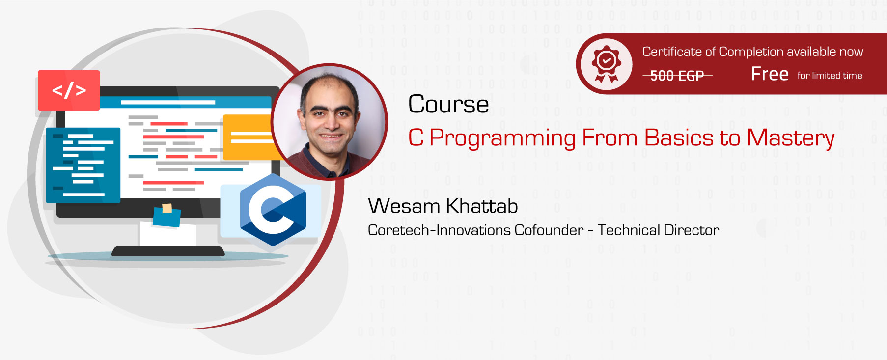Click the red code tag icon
tap(69, 90)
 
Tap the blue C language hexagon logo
tap(273, 210)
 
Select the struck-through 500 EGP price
tap(677, 76)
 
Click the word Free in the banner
tap(770, 74)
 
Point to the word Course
tap(448, 105)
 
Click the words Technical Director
tap(658, 230)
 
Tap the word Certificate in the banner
tap(672, 52)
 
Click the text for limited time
tap(830, 76)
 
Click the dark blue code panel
tap(83, 165)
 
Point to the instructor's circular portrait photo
tap(329, 121)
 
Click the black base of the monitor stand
tap(168, 251)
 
